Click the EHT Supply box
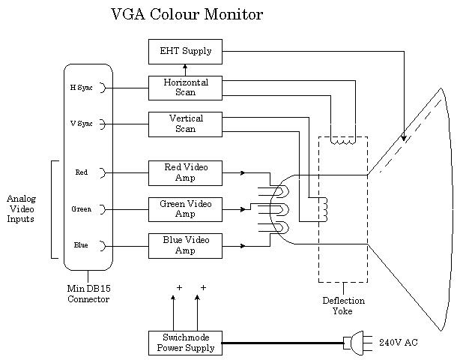(x=185, y=51)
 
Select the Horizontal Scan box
(x=185, y=87)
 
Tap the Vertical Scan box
(x=185, y=124)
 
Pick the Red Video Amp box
(x=185, y=172)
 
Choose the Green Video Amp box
(x=185, y=208)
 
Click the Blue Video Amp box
(x=185, y=245)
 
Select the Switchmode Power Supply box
(x=185, y=342)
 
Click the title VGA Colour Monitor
(x=187, y=15)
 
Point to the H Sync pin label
(x=81, y=88)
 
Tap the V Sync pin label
(x=81, y=124)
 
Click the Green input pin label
(x=81, y=209)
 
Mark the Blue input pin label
(x=81, y=245)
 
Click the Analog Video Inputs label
(x=21, y=209)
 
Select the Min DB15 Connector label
(x=88, y=294)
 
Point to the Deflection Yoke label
(x=343, y=305)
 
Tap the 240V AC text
(x=399, y=343)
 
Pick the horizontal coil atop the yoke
(x=343, y=139)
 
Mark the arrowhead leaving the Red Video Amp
(x=242, y=173)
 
